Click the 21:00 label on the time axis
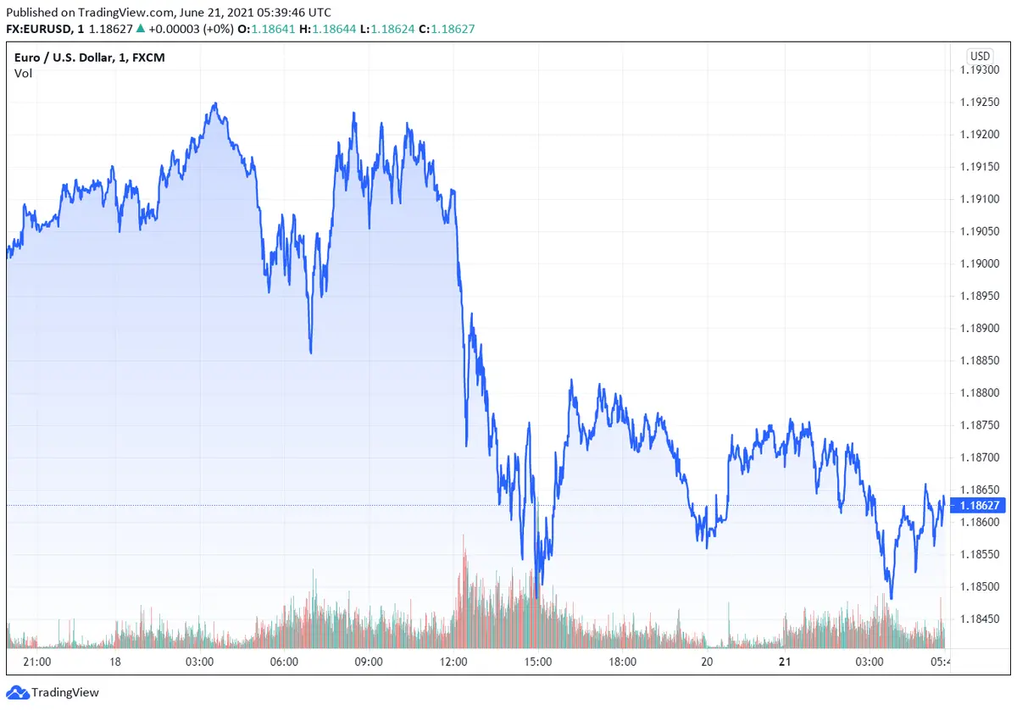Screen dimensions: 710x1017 [x=37, y=662]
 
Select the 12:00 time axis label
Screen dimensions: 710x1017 [x=454, y=662]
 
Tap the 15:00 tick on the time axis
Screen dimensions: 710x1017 [x=538, y=662]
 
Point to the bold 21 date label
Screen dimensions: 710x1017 [x=783, y=662]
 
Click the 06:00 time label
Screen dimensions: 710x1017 [x=284, y=662]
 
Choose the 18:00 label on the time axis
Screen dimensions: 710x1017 [x=623, y=662]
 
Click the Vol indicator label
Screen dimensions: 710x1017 [x=23, y=73]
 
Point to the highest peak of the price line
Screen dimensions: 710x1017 [x=215, y=104]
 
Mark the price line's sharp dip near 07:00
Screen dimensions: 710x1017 [x=310, y=352]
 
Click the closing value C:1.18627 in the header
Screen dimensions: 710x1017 [x=453, y=28]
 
